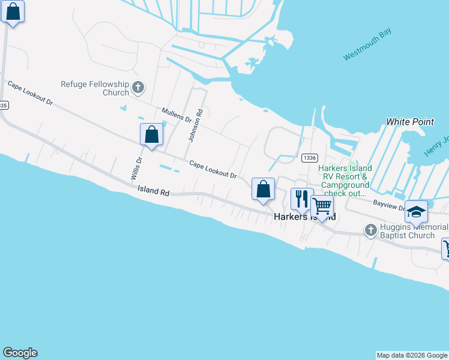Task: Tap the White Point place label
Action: tap(410, 122)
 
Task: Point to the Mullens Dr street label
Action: tap(176, 115)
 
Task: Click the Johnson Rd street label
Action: tap(196, 125)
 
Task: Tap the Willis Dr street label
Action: tap(136, 169)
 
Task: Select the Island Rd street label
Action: tap(153, 191)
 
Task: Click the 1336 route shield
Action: tap(310, 158)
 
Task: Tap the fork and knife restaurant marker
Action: tap(302, 199)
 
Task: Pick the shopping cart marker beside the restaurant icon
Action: tap(322, 206)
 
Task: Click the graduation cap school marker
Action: tap(416, 211)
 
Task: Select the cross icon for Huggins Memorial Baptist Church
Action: tap(370, 229)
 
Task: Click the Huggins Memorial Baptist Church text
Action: tap(414, 231)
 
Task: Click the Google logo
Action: tap(20, 353)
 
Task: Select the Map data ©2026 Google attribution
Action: tap(412, 355)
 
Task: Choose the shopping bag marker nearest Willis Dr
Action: tap(151, 134)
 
